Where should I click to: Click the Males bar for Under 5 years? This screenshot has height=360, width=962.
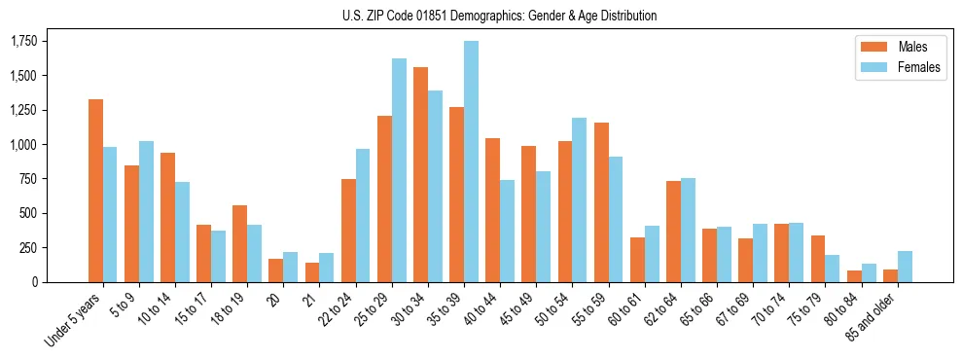95,191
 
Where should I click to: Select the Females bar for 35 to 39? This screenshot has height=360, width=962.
471,162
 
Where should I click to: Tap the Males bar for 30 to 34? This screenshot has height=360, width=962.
420,174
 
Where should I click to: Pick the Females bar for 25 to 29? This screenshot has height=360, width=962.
399,170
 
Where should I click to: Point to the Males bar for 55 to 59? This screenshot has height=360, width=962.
601,202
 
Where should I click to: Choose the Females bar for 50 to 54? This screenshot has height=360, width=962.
580,199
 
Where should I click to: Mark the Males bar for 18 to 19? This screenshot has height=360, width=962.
239,243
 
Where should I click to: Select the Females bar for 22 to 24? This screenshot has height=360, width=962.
363,215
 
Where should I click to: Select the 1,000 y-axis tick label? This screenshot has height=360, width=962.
23,144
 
